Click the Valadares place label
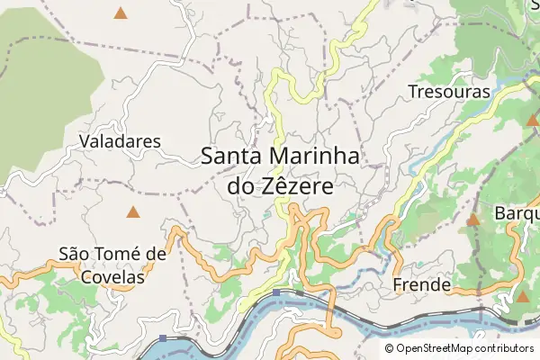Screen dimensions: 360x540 pyautogui.click(x=120, y=141)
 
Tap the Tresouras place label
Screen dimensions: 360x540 pyautogui.click(x=448, y=92)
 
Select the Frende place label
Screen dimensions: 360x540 pyautogui.click(x=422, y=285)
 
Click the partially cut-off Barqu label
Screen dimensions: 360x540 pyautogui.click(x=517, y=214)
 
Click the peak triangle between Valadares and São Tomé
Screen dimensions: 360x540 pyautogui.click(x=133, y=212)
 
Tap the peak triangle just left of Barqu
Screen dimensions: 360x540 pyautogui.click(x=474, y=219)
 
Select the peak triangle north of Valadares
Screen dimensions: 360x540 pyautogui.click(x=121, y=13)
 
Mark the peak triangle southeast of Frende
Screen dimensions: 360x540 pyautogui.click(x=523, y=296)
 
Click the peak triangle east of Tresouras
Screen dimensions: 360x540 pyautogui.click(x=532, y=119)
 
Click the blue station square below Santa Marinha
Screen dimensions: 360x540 pyautogui.click(x=277, y=292)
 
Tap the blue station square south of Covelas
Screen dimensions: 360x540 pyautogui.click(x=163, y=338)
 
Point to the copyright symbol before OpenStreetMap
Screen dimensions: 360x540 pyautogui.click(x=390, y=348)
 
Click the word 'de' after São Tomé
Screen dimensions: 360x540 pyautogui.click(x=155, y=255)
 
